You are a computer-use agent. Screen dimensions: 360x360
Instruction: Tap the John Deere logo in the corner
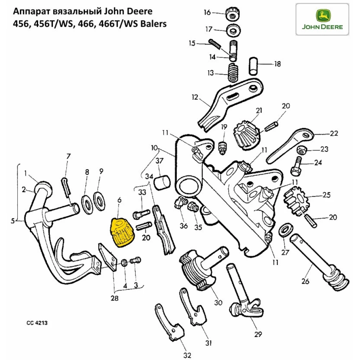point(322,19)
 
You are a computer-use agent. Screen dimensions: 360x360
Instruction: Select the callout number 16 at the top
point(207,12)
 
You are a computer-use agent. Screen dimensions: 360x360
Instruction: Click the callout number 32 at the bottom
point(186,355)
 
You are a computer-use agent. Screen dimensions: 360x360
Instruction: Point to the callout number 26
point(305,282)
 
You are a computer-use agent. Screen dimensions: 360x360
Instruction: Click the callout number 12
point(195,97)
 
